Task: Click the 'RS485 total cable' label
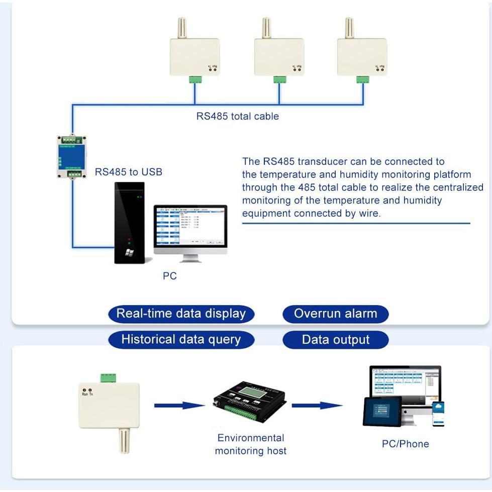pos(237,116)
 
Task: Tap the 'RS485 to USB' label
pos(129,172)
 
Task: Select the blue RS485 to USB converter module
pos(71,156)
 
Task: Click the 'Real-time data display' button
pos(181,314)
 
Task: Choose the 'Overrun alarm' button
pos(335,314)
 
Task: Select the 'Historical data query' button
pos(181,340)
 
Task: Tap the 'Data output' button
pos(335,340)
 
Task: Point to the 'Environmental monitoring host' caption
pos(250,444)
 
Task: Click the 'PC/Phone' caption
pos(405,444)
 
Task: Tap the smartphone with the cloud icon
pos(438,413)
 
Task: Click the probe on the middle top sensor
pos(267,29)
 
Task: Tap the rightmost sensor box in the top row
pos(362,57)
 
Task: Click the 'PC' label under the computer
pos(170,276)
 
